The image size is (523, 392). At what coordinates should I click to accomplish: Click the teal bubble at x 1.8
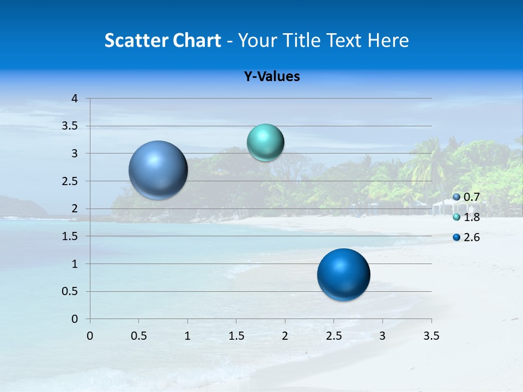click(265, 143)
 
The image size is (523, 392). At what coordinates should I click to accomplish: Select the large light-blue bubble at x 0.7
click(159, 170)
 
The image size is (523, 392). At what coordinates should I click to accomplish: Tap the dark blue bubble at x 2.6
click(344, 274)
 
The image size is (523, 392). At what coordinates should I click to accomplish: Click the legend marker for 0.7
click(457, 197)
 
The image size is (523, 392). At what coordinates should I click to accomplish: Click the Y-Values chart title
click(272, 77)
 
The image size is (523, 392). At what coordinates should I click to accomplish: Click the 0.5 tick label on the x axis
click(139, 336)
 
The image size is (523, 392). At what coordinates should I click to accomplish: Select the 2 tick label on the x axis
click(285, 336)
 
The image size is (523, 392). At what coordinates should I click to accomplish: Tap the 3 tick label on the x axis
click(382, 336)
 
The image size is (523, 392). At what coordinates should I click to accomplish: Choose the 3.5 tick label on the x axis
click(431, 336)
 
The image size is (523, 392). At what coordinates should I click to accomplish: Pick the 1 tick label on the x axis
click(188, 336)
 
